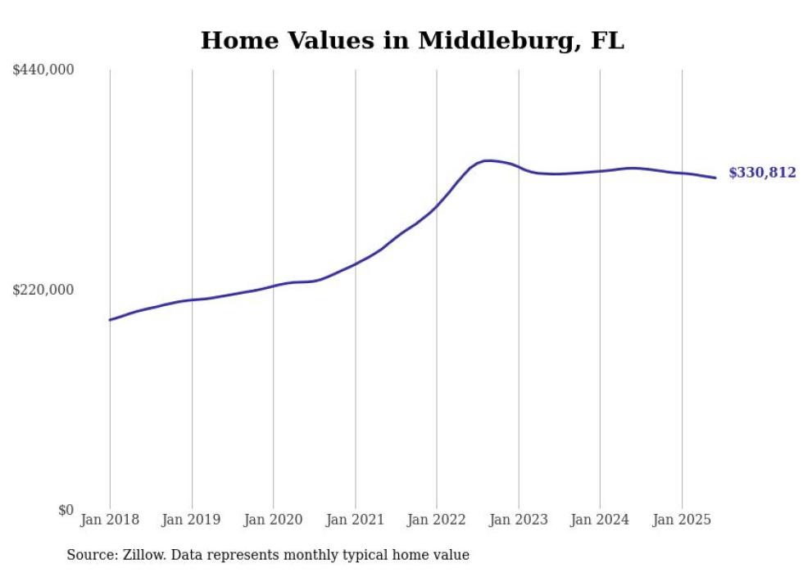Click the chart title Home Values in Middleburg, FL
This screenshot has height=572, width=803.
pos(412,40)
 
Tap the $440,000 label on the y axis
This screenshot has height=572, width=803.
pos(43,70)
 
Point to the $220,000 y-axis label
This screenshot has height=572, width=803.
pos(43,290)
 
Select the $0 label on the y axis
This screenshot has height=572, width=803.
pos(66,510)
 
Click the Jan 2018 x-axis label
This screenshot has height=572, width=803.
pos(110,520)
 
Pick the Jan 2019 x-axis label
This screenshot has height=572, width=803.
pos(192,520)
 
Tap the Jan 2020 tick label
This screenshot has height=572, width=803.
pos(273,520)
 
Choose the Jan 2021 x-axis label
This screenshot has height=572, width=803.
pos(355,520)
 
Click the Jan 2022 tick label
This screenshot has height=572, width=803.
pos(437,520)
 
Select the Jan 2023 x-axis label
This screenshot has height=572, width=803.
pos(518,520)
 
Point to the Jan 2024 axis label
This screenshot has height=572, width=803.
pos(600,520)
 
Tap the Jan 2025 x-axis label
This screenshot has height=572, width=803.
pos(682,520)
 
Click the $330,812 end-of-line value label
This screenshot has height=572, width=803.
pos(762,173)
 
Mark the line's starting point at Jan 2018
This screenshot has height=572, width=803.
pos(110,320)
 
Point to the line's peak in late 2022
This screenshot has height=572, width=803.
pos(488,160)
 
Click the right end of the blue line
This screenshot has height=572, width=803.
pos(715,178)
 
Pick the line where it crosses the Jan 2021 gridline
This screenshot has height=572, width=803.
pos(355,263)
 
